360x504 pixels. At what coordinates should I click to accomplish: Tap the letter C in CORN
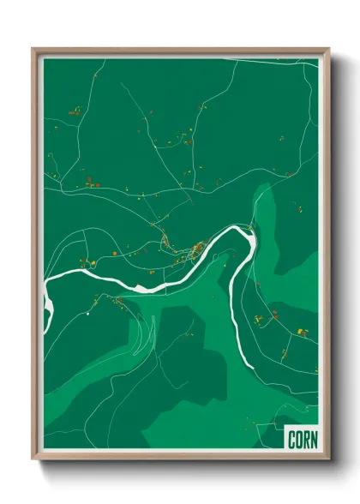(x=291, y=438)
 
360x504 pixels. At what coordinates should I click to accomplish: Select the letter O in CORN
(x=297, y=438)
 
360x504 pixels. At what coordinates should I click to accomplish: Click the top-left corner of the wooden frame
(x=33, y=49)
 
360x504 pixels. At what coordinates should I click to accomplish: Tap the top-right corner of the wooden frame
(x=328, y=49)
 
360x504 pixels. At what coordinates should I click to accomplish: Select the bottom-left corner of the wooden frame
(x=33, y=460)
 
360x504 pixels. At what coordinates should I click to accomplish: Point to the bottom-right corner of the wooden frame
(x=328, y=460)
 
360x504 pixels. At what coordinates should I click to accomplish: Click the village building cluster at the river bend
(x=195, y=249)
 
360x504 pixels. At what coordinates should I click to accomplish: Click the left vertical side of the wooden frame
(x=35, y=257)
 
